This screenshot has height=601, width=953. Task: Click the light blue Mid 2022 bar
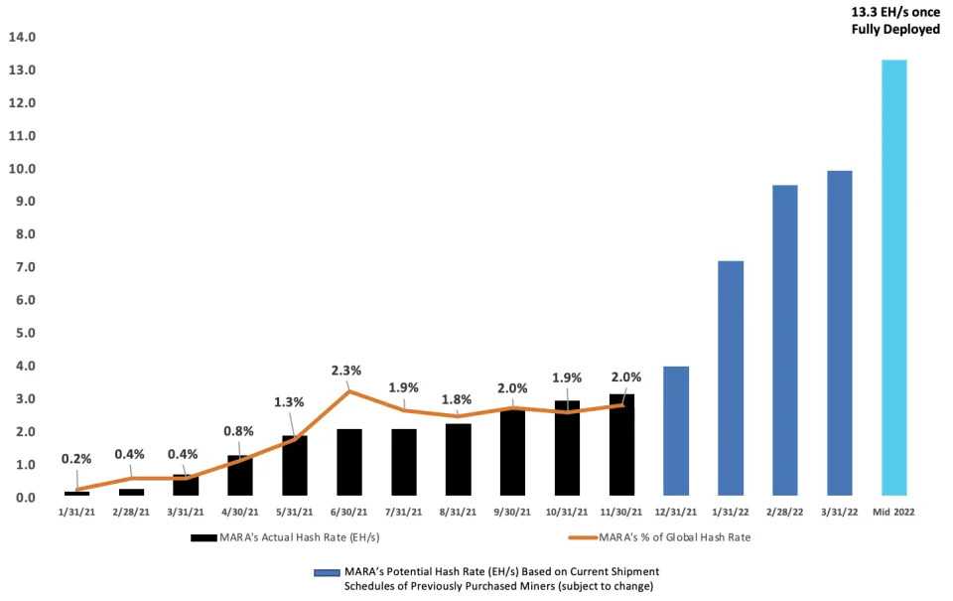pyautogui.click(x=893, y=278)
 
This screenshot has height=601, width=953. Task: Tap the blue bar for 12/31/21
pyautogui.click(x=676, y=431)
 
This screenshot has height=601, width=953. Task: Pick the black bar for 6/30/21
pyautogui.click(x=349, y=462)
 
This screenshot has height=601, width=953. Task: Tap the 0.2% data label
pyautogui.click(x=76, y=459)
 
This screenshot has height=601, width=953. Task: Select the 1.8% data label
pyautogui.click(x=458, y=399)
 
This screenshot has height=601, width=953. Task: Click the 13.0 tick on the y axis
pyautogui.click(x=23, y=71)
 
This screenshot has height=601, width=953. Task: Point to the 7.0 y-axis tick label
pyautogui.click(x=23, y=267)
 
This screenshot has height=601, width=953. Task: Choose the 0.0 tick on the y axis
pyautogui.click(x=23, y=498)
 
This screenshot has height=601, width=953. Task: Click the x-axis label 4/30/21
pyautogui.click(x=240, y=513)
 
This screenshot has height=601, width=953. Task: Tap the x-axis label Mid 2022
pyautogui.click(x=893, y=513)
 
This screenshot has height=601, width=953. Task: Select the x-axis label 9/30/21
pyautogui.click(x=512, y=513)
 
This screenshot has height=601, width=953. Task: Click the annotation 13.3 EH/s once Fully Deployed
pyautogui.click(x=895, y=21)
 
